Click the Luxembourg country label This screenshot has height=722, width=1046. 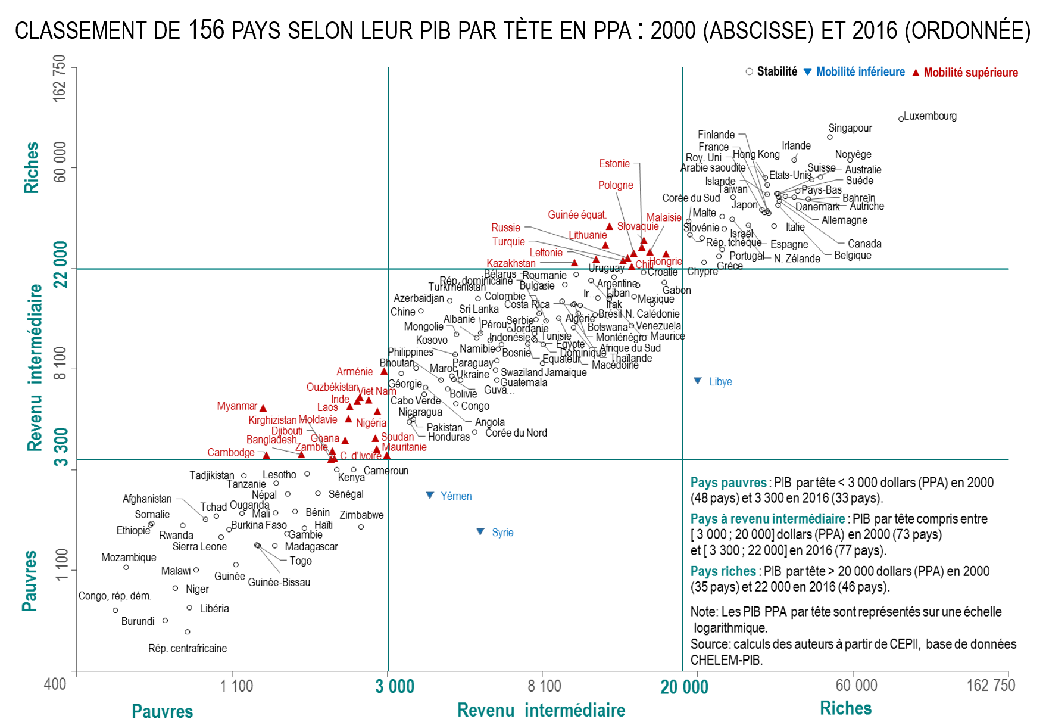(930, 116)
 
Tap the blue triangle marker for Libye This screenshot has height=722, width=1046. (698, 381)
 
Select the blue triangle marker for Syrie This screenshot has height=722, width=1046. (480, 531)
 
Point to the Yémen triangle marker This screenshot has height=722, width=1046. (430, 495)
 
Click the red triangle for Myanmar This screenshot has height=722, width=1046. (263, 408)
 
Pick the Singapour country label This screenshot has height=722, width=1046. (850, 128)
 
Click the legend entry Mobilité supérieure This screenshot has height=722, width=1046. (970, 73)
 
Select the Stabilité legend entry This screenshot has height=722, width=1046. (776, 72)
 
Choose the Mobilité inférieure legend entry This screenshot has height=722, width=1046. (860, 72)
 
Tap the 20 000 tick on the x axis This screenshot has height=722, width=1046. (684, 687)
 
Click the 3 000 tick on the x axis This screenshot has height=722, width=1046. (395, 686)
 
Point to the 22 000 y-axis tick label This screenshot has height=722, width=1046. (61, 264)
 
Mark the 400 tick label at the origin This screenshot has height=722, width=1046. (55, 684)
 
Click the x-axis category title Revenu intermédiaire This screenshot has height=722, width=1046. (541, 710)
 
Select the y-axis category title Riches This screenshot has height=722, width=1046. (31, 167)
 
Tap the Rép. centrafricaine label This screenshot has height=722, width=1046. (188, 648)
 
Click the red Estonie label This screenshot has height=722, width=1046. (614, 164)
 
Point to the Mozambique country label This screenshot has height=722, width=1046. (129, 558)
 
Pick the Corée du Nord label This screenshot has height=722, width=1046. (516, 433)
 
